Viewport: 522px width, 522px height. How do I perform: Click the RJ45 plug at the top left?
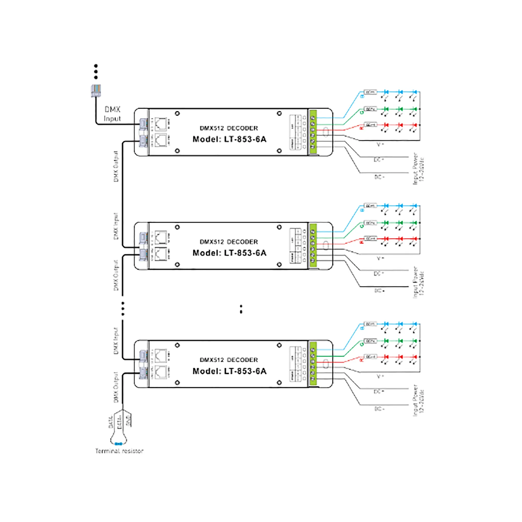pyautogui.click(x=96, y=91)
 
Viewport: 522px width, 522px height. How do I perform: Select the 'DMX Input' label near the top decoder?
pyautogui.click(x=112, y=114)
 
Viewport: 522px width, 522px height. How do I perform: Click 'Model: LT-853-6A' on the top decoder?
pyautogui.click(x=229, y=139)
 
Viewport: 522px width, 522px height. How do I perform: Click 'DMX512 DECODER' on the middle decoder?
pyautogui.click(x=229, y=242)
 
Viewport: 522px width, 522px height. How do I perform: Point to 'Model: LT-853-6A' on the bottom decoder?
pyautogui.click(x=229, y=371)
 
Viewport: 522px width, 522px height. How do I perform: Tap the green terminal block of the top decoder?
pyautogui.click(x=313, y=132)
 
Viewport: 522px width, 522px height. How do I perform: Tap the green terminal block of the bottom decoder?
pyautogui.click(x=313, y=364)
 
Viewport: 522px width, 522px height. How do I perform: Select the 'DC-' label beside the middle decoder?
pyautogui.click(x=379, y=291)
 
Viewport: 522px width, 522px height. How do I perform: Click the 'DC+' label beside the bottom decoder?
pyautogui.click(x=379, y=391)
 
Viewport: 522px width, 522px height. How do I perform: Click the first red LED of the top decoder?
pyautogui.click(x=386, y=125)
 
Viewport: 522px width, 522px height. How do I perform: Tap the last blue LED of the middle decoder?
pyautogui.click(x=415, y=206)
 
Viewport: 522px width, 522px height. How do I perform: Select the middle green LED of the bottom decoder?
pyautogui.click(x=400, y=341)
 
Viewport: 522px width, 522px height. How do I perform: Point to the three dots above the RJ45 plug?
pyautogui.click(x=96, y=72)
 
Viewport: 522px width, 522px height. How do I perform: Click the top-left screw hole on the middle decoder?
pyautogui.click(x=177, y=227)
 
